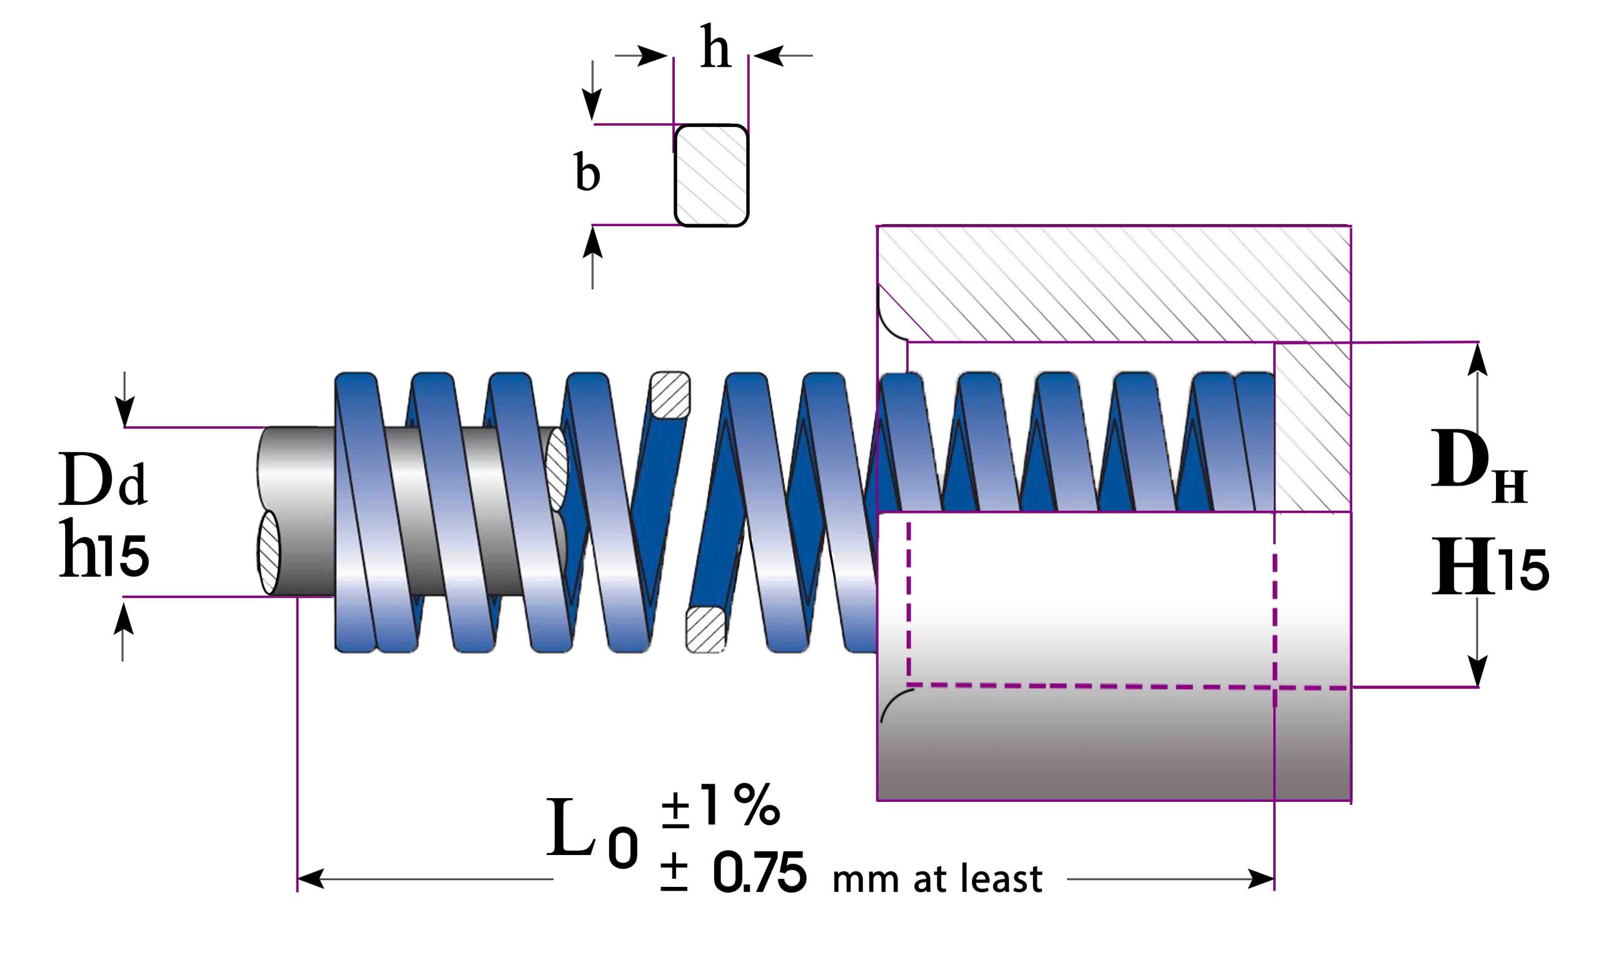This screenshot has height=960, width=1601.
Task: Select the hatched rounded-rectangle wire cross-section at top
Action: point(711,175)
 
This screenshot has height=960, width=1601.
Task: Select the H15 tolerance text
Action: point(1490,566)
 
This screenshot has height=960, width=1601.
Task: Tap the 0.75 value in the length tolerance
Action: point(760,872)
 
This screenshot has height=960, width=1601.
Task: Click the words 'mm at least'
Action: point(937,879)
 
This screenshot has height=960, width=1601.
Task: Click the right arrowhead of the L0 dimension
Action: point(1261,879)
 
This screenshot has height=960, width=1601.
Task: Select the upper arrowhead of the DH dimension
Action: point(1477,359)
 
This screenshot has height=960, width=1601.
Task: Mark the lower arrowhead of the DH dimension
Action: point(1477,671)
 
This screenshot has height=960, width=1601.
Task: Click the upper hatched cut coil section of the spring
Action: point(670,394)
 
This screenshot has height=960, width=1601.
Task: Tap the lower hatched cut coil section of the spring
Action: point(705,629)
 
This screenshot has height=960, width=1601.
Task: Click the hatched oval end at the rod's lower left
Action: point(268,552)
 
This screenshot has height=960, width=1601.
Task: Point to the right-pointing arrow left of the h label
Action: point(641,56)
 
